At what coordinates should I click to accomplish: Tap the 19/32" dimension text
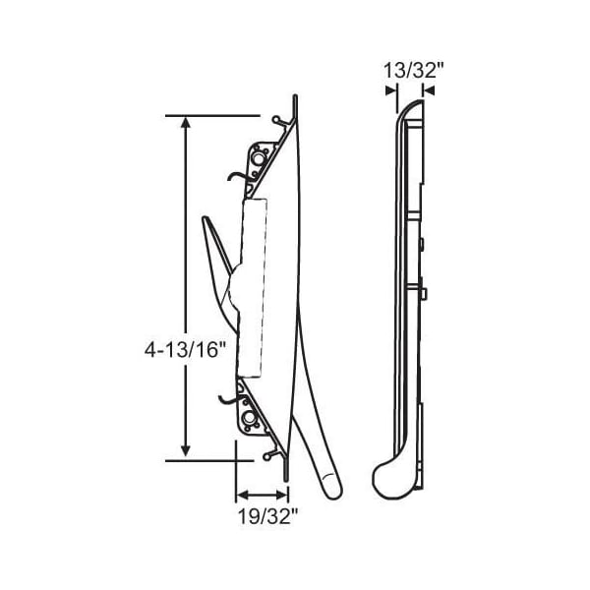tap(267, 516)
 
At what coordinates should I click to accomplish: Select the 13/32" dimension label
tap(414, 71)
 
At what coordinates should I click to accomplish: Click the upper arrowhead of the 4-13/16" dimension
tap(185, 123)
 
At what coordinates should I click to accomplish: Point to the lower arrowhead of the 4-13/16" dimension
tap(185, 450)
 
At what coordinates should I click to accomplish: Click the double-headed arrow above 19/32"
tap(262, 495)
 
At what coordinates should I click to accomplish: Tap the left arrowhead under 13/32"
tap(391, 90)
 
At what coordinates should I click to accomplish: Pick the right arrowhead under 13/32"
tap(429, 90)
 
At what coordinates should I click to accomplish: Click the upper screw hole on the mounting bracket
tap(258, 158)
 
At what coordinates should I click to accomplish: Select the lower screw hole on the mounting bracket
tap(248, 417)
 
